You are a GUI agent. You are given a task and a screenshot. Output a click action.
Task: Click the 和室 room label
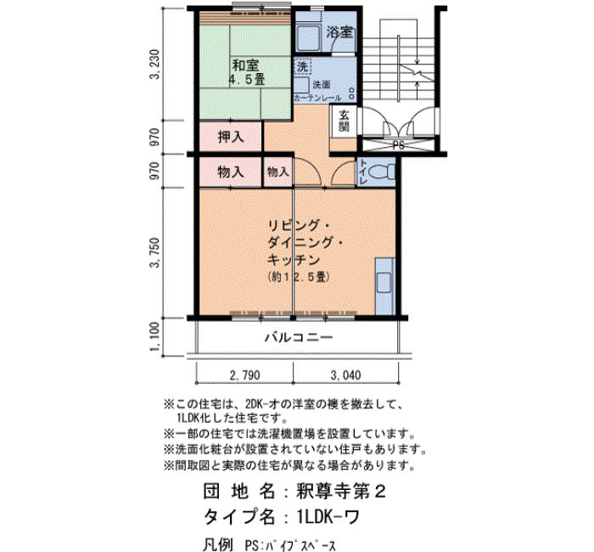(245, 65)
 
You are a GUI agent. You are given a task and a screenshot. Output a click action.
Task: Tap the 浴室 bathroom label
(339, 32)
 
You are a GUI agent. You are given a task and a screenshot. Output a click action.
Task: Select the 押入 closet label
(231, 137)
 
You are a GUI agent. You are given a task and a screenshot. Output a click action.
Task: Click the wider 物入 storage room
(231, 172)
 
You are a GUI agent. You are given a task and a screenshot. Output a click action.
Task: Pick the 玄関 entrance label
(344, 121)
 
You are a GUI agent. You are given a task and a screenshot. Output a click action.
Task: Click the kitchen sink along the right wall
(384, 282)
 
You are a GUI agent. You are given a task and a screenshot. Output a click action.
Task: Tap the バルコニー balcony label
(299, 337)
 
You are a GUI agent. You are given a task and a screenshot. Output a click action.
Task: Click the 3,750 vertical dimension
(155, 252)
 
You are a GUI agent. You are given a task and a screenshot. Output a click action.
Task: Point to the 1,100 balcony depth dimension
(155, 337)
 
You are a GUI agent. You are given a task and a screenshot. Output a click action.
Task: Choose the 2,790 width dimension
(244, 375)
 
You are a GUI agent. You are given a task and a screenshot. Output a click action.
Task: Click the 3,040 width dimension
(346, 375)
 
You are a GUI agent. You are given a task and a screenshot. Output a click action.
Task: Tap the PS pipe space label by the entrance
(398, 145)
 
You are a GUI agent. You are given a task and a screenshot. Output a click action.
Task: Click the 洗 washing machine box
(302, 67)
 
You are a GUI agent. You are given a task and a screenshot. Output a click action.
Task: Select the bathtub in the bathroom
(308, 37)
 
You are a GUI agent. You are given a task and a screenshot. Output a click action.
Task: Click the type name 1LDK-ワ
(328, 516)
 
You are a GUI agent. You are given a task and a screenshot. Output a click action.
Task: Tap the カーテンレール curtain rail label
(317, 98)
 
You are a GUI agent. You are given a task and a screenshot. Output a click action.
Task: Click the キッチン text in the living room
(294, 260)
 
